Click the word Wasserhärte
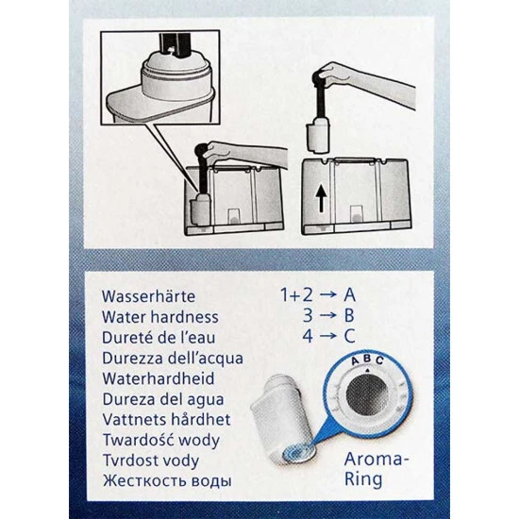click(148, 296)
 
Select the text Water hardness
click(159, 317)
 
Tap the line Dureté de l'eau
click(159, 337)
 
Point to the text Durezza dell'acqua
click(173, 359)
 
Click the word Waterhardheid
click(159, 378)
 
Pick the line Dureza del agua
click(163, 399)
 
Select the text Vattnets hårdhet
click(166, 419)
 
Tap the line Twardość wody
click(161, 441)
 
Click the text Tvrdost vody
click(151, 460)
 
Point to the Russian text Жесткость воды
click(167, 481)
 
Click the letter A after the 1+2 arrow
click(349, 294)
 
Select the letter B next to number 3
click(349, 315)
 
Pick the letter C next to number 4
click(350, 336)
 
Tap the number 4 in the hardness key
click(308, 336)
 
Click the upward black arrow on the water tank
click(321, 198)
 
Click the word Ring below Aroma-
click(363, 479)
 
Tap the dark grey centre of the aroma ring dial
click(367, 394)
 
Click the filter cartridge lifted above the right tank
click(317, 136)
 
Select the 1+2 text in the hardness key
click(296, 294)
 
